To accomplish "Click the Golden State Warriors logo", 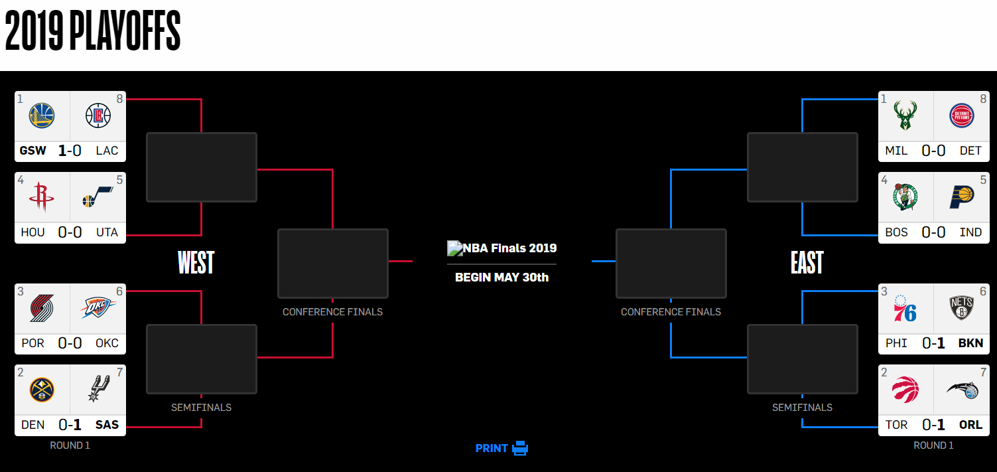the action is (x=42, y=116).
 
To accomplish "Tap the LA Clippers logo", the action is (x=98, y=116).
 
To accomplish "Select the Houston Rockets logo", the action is (x=42, y=197).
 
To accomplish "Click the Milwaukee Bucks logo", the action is (x=905, y=116).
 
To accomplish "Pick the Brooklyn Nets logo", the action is (x=961, y=308).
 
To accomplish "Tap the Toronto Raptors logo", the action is (x=905, y=390).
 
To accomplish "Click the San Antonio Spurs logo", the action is (x=98, y=388).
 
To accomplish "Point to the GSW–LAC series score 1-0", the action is (x=70, y=151).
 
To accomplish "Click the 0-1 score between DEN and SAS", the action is (x=70, y=425).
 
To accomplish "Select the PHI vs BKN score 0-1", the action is (x=933, y=343).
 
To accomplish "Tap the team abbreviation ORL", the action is (x=970, y=425).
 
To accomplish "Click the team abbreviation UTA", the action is (x=107, y=232).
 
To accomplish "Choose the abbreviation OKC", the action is (x=107, y=343).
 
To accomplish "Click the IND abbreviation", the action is (x=970, y=232).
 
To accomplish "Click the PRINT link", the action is (x=492, y=448).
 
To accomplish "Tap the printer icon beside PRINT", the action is (x=520, y=448).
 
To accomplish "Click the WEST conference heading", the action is (x=196, y=262).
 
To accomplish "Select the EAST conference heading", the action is (x=807, y=262).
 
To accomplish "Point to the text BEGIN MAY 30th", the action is (x=501, y=277).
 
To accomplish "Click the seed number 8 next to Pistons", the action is (x=983, y=99).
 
